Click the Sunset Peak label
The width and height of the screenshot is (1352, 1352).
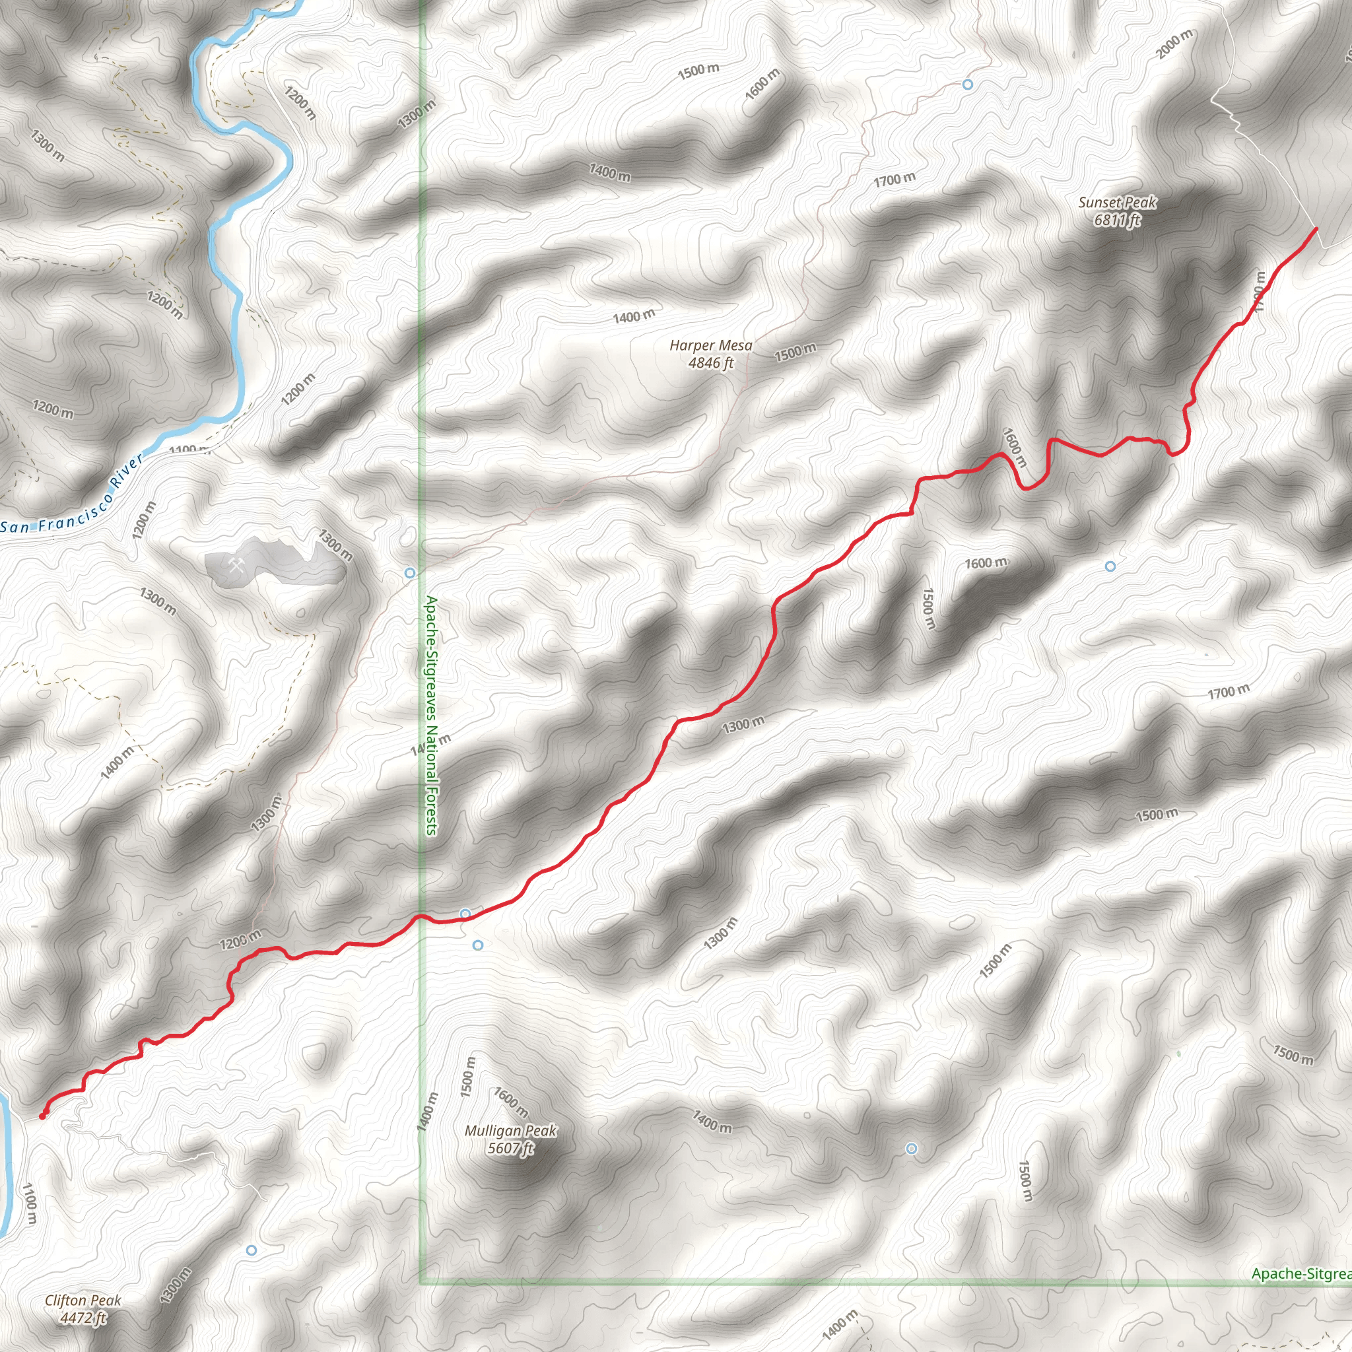pyautogui.click(x=1117, y=203)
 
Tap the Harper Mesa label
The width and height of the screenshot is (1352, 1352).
pyautogui.click(x=710, y=345)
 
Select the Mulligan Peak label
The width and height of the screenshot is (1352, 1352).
pyautogui.click(x=510, y=1130)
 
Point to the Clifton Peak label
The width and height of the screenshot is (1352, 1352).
pyautogui.click(x=83, y=1301)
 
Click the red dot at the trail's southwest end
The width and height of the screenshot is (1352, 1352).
pyautogui.click(x=42, y=1117)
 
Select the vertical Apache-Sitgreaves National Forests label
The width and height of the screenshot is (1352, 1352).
pyautogui.click(x=431, y=715)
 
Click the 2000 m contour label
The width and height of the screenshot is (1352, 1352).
pyautogui.click(x=1174, y=44)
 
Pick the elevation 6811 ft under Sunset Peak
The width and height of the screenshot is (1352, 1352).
pyautogui.click(x=1117, y=220)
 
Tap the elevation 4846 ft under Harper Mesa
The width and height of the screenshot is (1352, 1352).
pyautogui.click(x=710, y=362)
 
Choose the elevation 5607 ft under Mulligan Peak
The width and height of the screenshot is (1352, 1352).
pyautogui.click(x=510, y=1149)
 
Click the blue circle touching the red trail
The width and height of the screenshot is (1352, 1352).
pyautogui.click(x=465, y=914)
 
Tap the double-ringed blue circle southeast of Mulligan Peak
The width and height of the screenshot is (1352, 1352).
pyautogui.click(x=911, y=1149)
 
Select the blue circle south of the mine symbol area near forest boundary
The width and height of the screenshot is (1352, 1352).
pyautogui.click(x=410, y=573)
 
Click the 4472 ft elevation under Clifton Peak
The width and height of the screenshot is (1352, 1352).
pyautogui.click(x=83, y=1318)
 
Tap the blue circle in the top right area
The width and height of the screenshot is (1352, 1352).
pyautogui.click(x=967, y=84)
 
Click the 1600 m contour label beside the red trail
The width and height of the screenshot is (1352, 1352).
pyautogui.click(x=1014, y=447)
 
